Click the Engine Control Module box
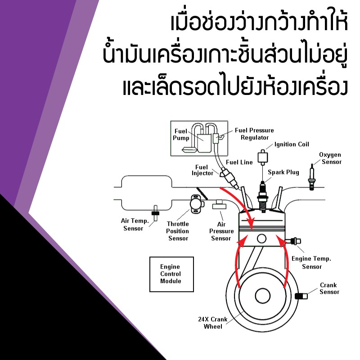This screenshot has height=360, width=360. (171, 274)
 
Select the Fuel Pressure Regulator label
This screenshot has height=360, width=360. (254, 134)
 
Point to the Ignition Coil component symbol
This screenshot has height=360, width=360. (262, 158)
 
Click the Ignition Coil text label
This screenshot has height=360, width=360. (292, 144)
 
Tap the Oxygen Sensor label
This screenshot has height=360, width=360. (330, 158)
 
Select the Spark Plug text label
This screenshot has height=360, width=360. (283, 172)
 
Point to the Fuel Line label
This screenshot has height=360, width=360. (239, 162)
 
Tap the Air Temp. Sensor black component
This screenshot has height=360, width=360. (156, 213)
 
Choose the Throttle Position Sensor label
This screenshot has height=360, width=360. (178, 231)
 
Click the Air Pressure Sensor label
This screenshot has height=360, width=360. (221, 231)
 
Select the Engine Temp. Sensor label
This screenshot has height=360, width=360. (311, 262)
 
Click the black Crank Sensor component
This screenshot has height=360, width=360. (300, 296)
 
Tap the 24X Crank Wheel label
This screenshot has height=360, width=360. (213, 323)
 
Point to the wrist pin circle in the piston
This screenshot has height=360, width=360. (262, 239)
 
